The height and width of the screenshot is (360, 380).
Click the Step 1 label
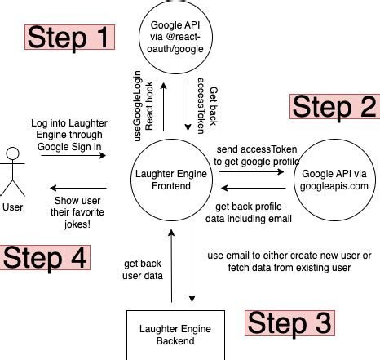tap(69, 36)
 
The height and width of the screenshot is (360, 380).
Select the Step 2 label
tap(334, 107)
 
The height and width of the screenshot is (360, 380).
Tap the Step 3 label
tap(290, 322)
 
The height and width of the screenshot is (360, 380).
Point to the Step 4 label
tap(45, 256)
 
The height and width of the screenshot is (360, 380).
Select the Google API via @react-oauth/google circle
tap(178, 38)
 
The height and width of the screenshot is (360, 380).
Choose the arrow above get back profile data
tap(254, 193)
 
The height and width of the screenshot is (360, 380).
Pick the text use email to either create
tap(289, 260)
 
